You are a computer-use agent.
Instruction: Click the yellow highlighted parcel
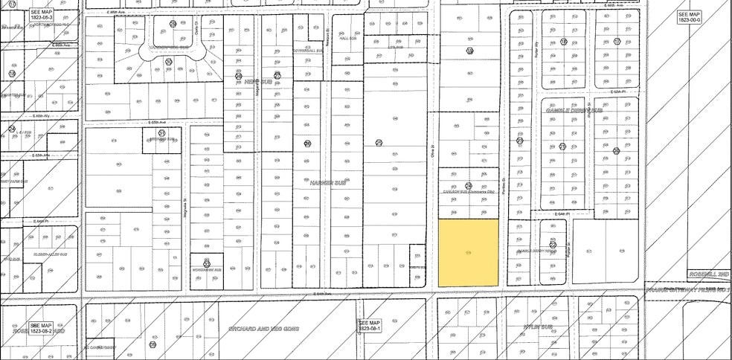pos(467,253)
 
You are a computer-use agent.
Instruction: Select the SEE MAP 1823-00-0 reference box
pos(690,17)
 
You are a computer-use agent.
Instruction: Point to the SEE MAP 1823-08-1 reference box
pos(370,325)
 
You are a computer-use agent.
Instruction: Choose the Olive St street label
pos(431,151)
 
